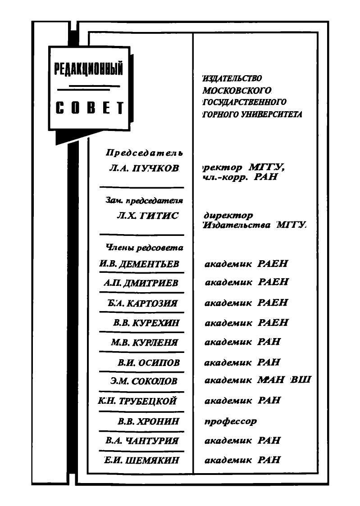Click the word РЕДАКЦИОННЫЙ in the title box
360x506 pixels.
(x=88, y=70)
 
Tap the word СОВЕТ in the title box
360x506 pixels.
(x=89, y=108)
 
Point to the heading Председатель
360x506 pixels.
(x=144, y=153)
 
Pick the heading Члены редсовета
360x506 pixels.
(x=144, y=248)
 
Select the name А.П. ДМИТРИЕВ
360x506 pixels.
(x=141, y=283)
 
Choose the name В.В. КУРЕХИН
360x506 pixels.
(x=146, y=323)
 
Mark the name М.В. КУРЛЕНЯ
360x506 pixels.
(x=145, y=342)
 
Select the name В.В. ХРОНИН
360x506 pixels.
(x=148, y=421)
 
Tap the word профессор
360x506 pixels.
(x=231, y=421)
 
